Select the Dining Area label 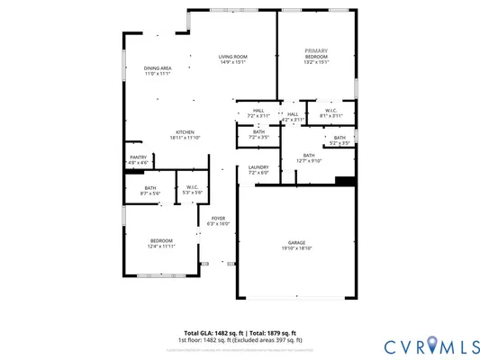coord(158,68)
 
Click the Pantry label coord(138,157)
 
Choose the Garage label coord(295,242)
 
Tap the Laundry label coord(258,166)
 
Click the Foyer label coord(219,218)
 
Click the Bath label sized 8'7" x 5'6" coord(149,188)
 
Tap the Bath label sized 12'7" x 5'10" coord(309,156)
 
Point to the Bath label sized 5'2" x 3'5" coord(339,138)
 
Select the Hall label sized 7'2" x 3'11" coord(258,112)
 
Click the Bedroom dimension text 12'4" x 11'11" coord(161,246)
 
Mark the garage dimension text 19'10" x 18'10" coord(295,248)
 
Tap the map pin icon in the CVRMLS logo coord(434,344)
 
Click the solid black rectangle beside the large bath coord(345,180)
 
